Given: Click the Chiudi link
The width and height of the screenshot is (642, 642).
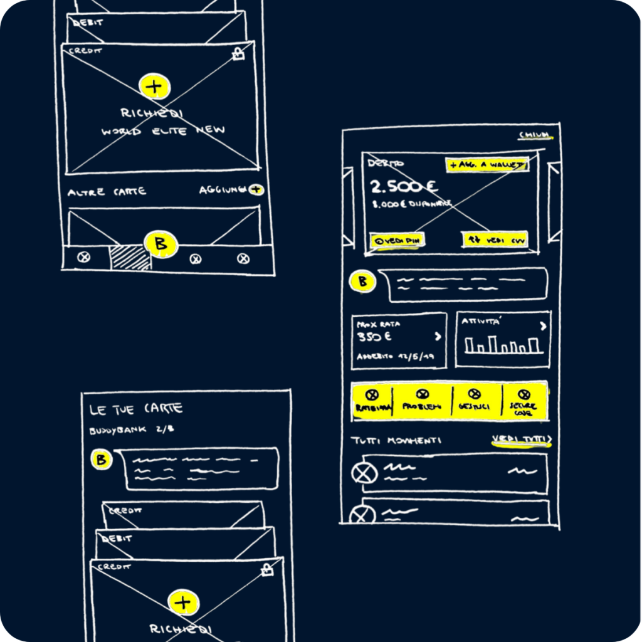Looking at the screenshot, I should coord(535,135).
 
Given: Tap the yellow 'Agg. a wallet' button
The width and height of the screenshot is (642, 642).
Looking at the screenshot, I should coord(487,165).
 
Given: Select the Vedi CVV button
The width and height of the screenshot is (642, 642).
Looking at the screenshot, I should coord(495,240).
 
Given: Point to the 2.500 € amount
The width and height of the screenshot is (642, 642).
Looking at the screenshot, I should coord(404,186).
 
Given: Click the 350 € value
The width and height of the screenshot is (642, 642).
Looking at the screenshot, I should coord(374,337).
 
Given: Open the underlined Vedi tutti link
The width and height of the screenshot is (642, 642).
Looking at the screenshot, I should coord(520,439).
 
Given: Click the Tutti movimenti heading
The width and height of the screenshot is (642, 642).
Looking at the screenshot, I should coord(396,441).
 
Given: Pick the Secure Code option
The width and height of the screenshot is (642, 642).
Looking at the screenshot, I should coord(524,401).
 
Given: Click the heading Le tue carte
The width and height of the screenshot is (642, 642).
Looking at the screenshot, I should coord(136,409).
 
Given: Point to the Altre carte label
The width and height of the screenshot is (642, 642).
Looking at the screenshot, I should coord(107,192).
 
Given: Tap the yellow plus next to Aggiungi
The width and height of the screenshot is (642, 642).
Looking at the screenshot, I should coord(256,189).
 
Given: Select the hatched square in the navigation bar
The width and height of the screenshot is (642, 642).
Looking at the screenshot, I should coord(130,258).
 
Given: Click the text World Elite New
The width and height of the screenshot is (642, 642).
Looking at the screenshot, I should coord(163,132).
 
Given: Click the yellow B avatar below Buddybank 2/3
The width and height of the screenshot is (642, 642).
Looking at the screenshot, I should coord(101,460).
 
